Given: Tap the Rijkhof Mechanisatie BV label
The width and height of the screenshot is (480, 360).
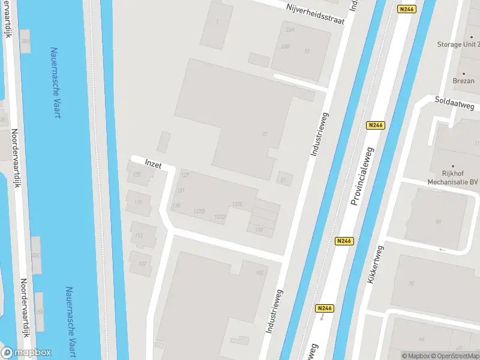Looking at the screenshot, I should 453,176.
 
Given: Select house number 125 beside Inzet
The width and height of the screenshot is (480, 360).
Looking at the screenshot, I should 137,175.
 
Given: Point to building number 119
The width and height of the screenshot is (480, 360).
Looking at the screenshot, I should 139,203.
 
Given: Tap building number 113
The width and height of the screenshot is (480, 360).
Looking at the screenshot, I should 139,235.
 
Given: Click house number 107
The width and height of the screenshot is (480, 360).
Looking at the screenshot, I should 142,264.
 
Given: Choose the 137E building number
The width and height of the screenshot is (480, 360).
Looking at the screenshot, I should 237,205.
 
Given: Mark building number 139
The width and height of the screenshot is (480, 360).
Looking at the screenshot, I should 259,230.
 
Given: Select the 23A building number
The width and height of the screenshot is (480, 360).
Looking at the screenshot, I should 290,29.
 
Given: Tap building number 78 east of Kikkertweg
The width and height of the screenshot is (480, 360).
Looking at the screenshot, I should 412,284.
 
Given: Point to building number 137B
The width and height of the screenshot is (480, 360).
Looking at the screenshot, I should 200,211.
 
